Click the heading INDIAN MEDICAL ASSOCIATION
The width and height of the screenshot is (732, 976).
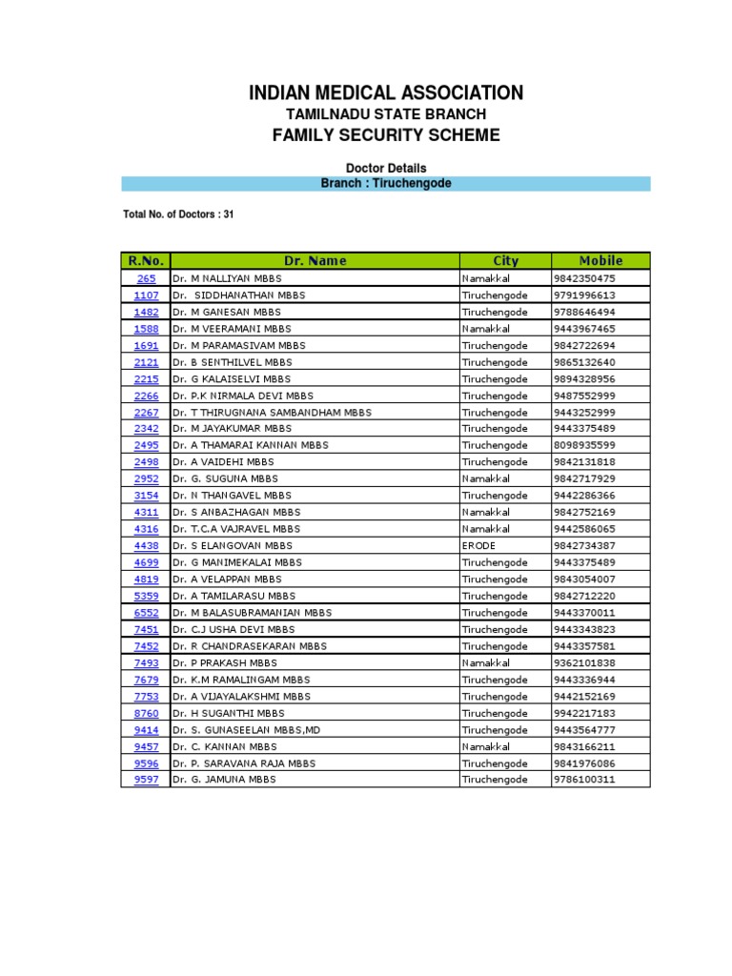tap(386, 93)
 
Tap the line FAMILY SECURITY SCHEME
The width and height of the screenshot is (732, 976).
tap(386, 135)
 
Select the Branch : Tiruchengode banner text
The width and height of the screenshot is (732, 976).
tap(386, 183)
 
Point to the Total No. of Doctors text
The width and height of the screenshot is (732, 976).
tap(178, 214)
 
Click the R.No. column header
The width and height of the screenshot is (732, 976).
tap(146, 260)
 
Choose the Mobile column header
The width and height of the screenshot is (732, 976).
tap(600, 260)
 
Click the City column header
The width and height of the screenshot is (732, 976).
tap(505, 260)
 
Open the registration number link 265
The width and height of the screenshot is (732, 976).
tap(146, 278)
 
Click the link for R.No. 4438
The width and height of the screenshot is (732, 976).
tap(146, 546)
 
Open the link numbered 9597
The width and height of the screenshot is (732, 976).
tap(146, 780)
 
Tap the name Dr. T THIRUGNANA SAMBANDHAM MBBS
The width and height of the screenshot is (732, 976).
tap(272, 413)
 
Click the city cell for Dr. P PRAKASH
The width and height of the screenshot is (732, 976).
tap(486, 662)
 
